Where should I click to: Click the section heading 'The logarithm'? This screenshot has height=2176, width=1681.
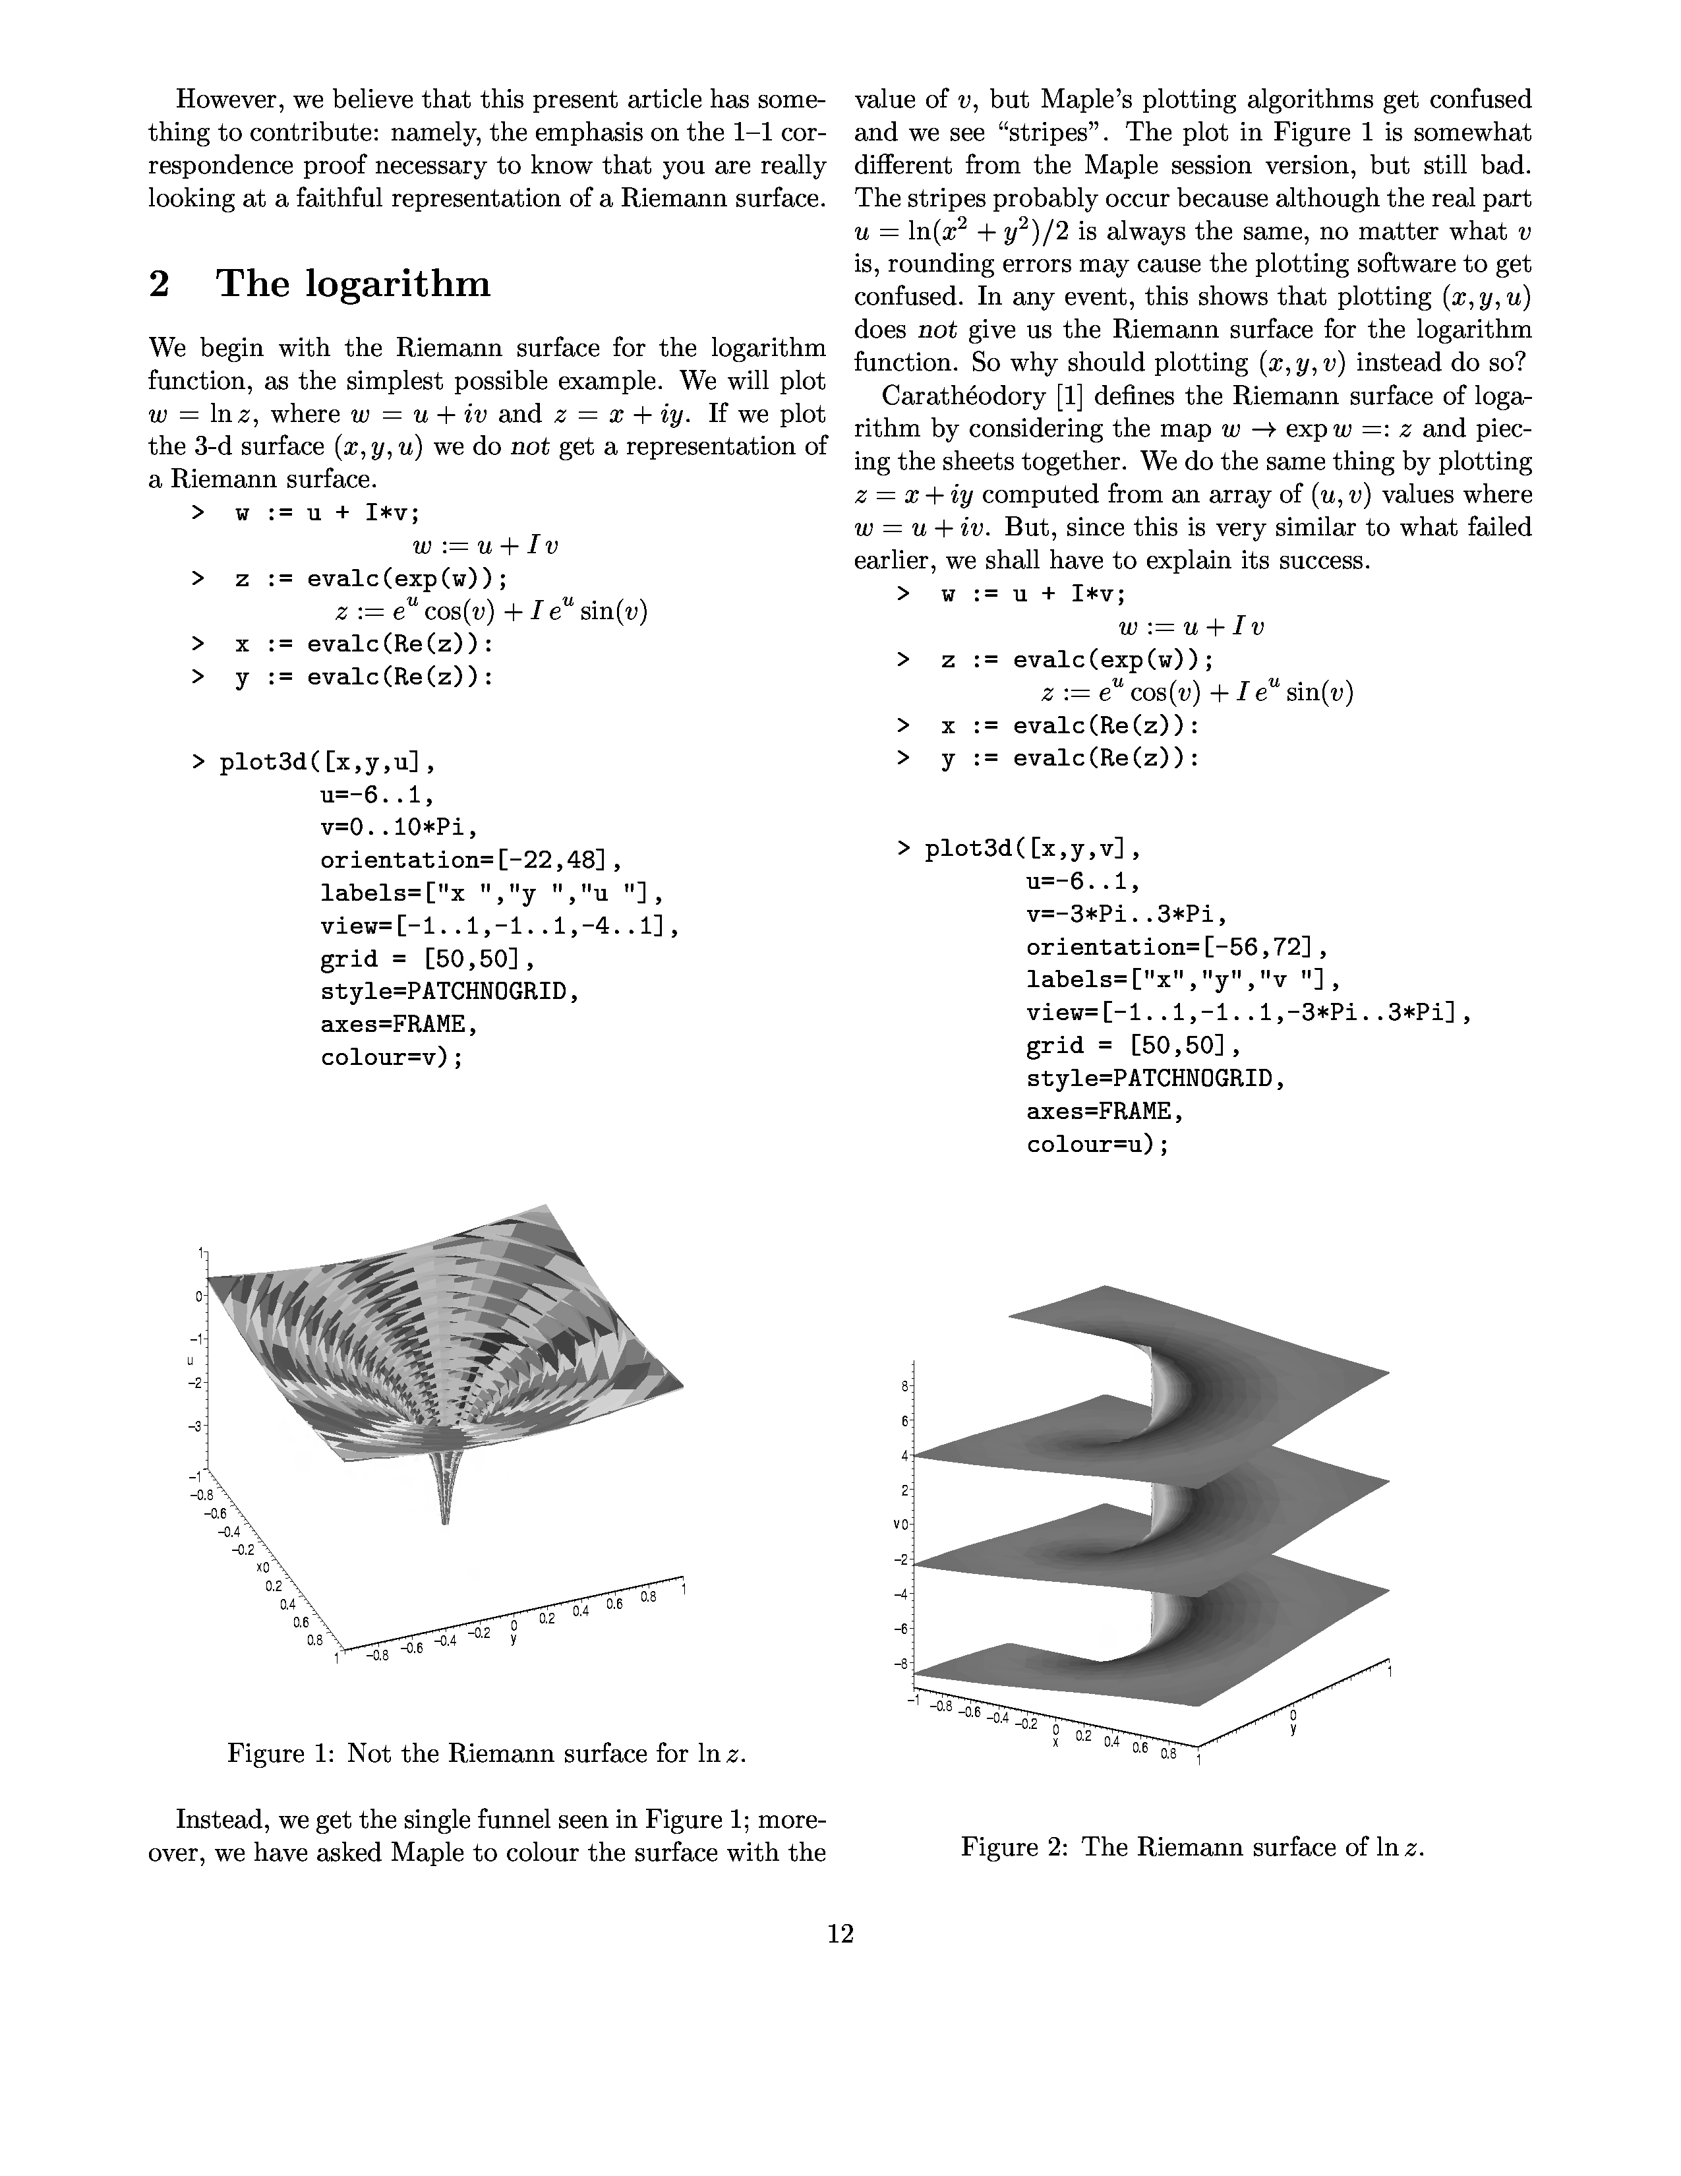[x=353, y=284]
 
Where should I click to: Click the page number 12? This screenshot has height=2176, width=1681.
[x=840, y=1934]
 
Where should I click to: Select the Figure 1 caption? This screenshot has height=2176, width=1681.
[x=487, y=1753]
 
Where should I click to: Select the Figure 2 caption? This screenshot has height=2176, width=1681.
[x=1192, y=1846]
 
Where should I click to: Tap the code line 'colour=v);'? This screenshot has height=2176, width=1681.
[x=392, y=1057]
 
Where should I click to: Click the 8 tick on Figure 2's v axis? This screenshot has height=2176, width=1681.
[x=903, y=1386]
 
